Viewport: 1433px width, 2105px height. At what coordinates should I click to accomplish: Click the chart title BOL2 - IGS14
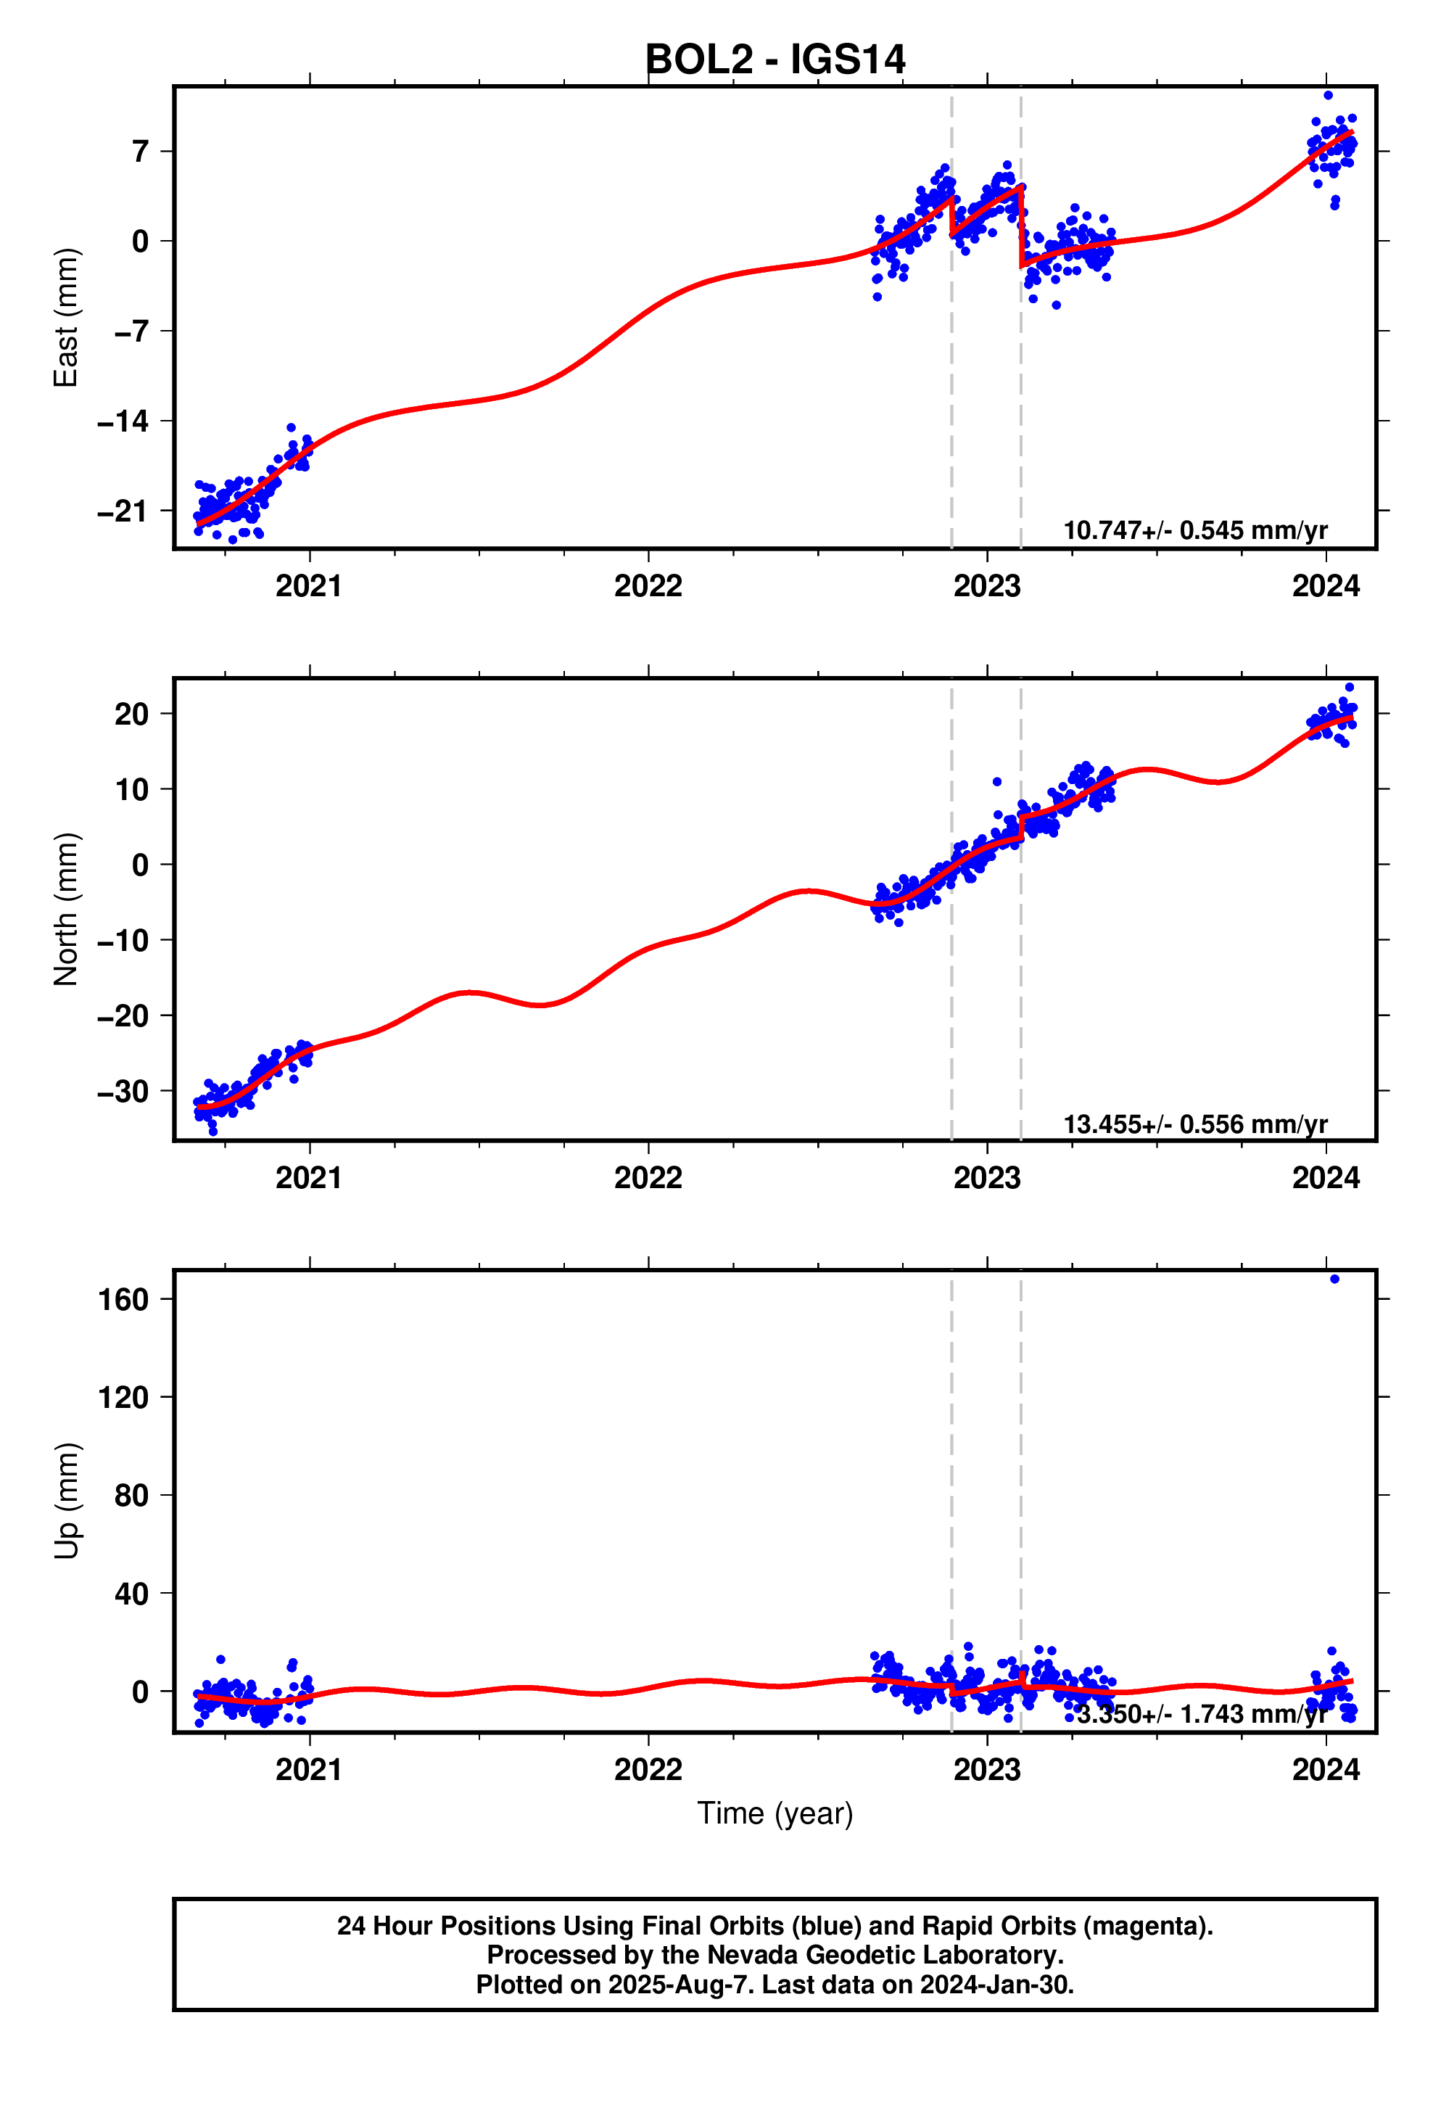point(775,59)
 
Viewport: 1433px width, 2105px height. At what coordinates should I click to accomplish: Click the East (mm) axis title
point(66,317)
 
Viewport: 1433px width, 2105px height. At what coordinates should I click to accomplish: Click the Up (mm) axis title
point(66,1501)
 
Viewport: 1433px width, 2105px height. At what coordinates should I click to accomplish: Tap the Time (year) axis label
point(775,1813)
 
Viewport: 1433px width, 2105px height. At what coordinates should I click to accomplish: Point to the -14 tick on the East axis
point(123,421)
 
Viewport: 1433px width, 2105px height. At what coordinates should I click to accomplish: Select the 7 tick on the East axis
point(139,152)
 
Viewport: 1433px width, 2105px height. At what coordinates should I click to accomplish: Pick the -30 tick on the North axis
point(123,1092)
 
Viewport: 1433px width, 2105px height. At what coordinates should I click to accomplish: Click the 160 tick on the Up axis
point(123,1300)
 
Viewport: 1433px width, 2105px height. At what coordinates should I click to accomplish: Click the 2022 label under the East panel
point(648,586)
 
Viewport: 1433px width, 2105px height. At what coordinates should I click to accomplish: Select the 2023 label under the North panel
point(986,1179)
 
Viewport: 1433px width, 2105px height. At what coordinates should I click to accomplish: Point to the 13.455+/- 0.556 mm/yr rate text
point(1194,1124)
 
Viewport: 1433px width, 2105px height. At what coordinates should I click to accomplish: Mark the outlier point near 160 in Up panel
point(1334,1279)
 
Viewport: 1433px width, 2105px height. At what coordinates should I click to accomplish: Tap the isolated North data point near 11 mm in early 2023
point(996,782)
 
